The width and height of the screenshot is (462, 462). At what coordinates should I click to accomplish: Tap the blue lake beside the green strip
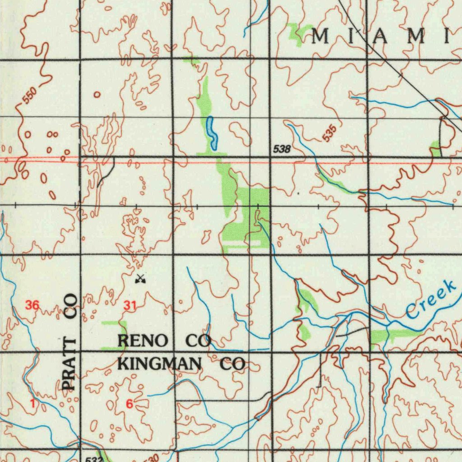tap(211, 133)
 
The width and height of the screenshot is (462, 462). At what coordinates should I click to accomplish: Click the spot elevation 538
tap(282, 149)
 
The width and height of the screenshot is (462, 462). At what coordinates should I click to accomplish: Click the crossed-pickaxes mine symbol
tap(140, 279)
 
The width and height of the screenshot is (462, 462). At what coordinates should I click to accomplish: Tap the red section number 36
tap(32, 305)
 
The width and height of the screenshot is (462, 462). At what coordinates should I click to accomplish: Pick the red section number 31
tap(130, 306)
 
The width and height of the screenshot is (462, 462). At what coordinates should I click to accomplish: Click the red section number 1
tap(33, 404)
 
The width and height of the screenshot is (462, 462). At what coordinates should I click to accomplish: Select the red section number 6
tap(129, 404)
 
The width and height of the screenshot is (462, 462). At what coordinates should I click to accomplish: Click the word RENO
tap(143, 341)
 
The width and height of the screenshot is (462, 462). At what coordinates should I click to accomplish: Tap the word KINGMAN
tap(159, 364)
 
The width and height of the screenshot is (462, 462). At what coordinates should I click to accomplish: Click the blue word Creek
tap(430, 299)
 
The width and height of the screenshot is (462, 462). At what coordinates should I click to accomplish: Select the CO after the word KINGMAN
tap(232, 364)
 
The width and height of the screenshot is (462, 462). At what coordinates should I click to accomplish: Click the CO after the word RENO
tap(198, 341)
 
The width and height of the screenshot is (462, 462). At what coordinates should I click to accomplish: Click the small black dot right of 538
tap(298, 193)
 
